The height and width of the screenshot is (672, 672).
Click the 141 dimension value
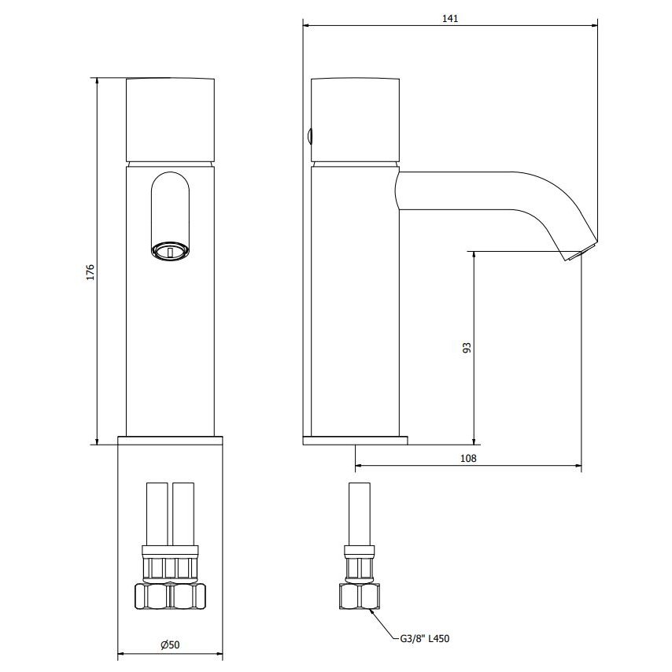tap(450, 18)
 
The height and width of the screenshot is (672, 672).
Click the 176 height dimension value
tap(90, 272)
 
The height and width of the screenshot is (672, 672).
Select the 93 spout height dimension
tap(467, 347)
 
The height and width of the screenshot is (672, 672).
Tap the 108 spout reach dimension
tap(468, 458)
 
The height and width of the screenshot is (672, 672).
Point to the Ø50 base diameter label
tap(170, 644)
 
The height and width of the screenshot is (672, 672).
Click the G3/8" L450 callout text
tap(425, 639)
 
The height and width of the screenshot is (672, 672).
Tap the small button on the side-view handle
tap(308, 136)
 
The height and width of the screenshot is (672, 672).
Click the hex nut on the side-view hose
tap(358, 597)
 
